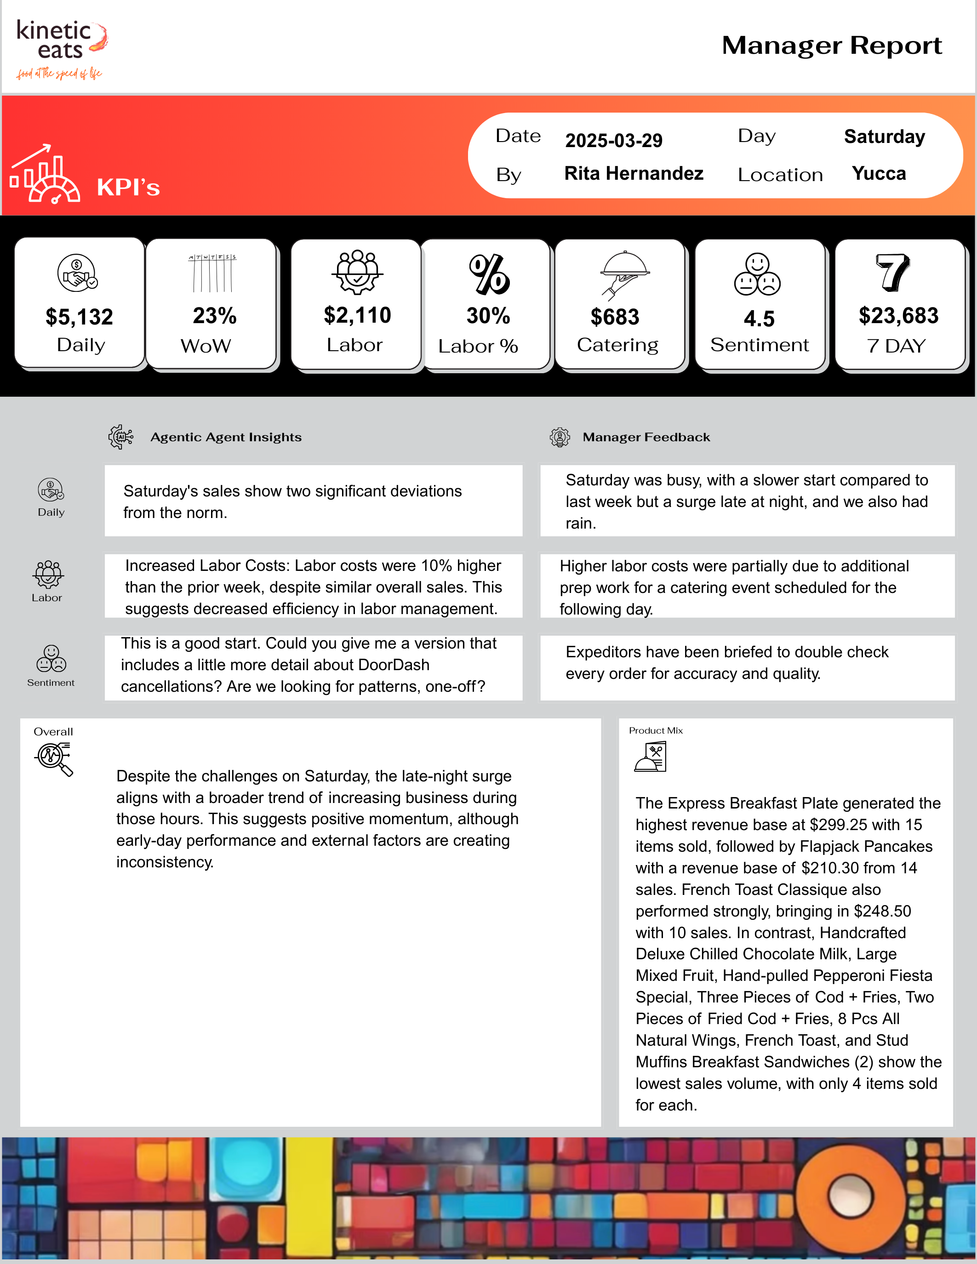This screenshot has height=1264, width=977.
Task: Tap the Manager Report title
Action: [x=831, y=46]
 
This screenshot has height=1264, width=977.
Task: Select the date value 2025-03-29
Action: [x=613, y=141]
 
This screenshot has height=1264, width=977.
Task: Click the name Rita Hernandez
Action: [x=633, y=174]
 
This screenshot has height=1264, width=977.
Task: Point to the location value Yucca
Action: [x=878, y=174]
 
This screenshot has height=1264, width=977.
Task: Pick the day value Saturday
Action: [x=884, y=137]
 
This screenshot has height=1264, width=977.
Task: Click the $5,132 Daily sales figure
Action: [x=79, y=317]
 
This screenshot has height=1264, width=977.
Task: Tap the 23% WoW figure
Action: [x=214, y=316]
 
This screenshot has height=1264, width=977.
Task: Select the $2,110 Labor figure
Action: [x=357, y=315]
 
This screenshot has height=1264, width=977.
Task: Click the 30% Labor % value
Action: [x=488, y=316]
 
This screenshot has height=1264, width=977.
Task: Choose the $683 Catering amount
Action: [x=615, y=317]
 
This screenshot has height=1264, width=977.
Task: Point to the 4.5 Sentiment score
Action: [x=759, y=319]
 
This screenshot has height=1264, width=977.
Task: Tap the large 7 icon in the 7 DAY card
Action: [x=892, y=272]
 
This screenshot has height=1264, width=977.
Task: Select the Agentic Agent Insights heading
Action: [x=226, y=438]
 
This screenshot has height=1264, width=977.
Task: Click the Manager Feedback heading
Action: [x=646, y=438]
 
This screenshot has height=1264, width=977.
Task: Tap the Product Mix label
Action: [x=655, y=731]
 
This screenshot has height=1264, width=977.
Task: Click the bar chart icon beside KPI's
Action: [x=45, y=175]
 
